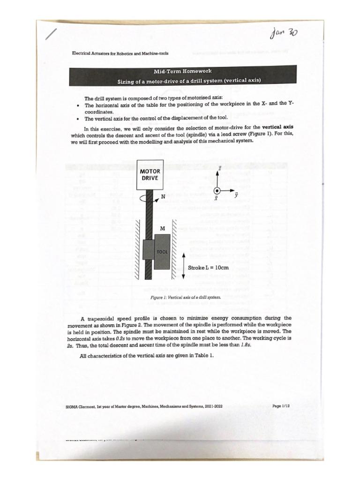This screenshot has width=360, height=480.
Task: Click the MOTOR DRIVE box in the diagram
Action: coord(150,174)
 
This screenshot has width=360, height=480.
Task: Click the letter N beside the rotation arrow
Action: coord(163,196)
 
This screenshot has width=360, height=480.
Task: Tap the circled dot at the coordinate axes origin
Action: coord(217,191)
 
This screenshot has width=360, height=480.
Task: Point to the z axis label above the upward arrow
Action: coord(220,167)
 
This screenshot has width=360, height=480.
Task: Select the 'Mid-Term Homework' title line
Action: coord(183,71)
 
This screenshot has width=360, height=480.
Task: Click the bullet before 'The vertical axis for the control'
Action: coord(77,119)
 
